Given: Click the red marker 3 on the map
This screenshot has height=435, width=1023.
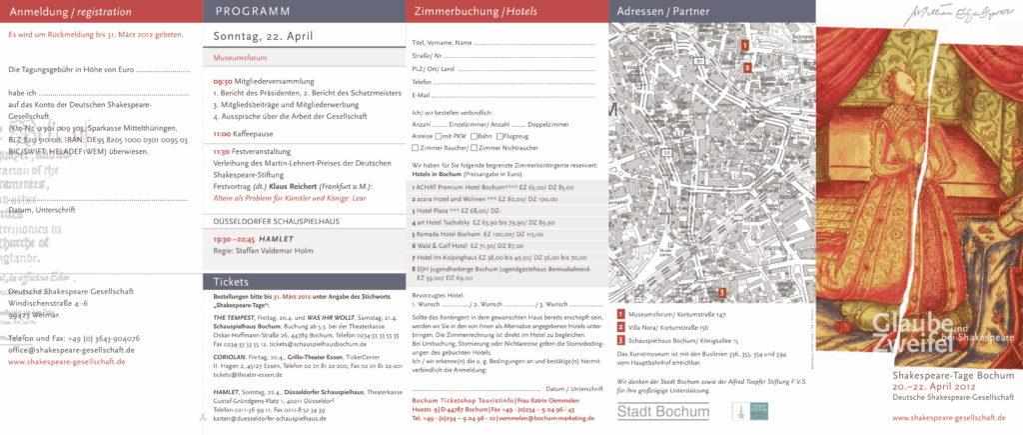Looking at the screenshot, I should pos(721,292).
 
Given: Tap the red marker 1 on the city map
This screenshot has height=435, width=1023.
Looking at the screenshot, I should pos(745,45).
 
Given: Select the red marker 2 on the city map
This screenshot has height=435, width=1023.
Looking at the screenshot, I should pos(746,68).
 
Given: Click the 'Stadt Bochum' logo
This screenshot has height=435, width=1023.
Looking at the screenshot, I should pos(648,410).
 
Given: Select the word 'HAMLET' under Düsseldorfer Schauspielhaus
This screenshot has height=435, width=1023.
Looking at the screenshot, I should pos(275,240).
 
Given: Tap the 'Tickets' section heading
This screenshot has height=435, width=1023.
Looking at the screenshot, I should pos(231,282).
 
